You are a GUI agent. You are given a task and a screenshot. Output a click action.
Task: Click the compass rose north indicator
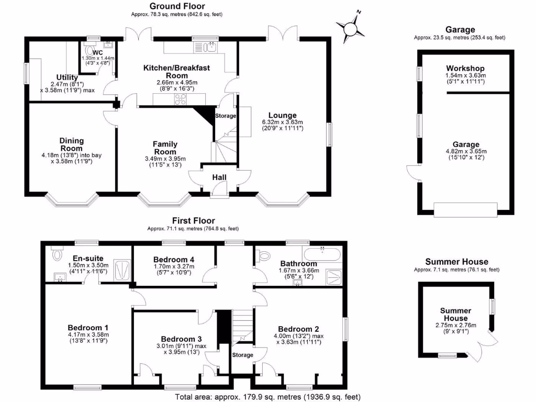point(349,28)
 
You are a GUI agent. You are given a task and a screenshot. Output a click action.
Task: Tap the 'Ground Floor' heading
point(177,6)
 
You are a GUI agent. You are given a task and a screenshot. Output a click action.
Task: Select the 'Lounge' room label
point(282,115)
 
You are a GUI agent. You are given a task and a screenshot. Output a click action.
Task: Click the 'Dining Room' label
point(72,144)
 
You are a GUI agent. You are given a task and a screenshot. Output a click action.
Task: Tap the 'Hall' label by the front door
point(219,178)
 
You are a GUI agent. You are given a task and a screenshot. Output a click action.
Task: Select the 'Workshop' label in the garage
point(465,69)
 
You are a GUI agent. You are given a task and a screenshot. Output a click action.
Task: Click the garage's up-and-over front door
point(465,210)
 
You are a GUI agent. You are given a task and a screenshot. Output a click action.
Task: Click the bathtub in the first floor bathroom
point(323,255)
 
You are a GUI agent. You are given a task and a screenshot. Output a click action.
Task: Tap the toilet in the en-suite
point(56,255)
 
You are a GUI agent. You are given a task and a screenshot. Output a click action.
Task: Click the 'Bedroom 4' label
point(174,259)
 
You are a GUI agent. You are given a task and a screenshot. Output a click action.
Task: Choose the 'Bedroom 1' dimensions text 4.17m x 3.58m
point(88,334)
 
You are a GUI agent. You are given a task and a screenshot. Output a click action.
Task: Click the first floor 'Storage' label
point(242,355)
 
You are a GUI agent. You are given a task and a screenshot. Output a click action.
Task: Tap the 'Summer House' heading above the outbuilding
point(456,262)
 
